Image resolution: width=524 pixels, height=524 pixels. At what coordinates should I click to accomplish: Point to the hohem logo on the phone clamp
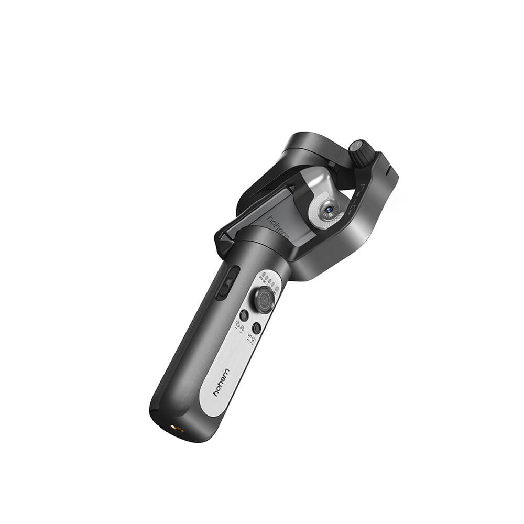click(278, 226)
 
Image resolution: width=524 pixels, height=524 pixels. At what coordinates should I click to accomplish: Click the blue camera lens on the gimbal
click(329, 208)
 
